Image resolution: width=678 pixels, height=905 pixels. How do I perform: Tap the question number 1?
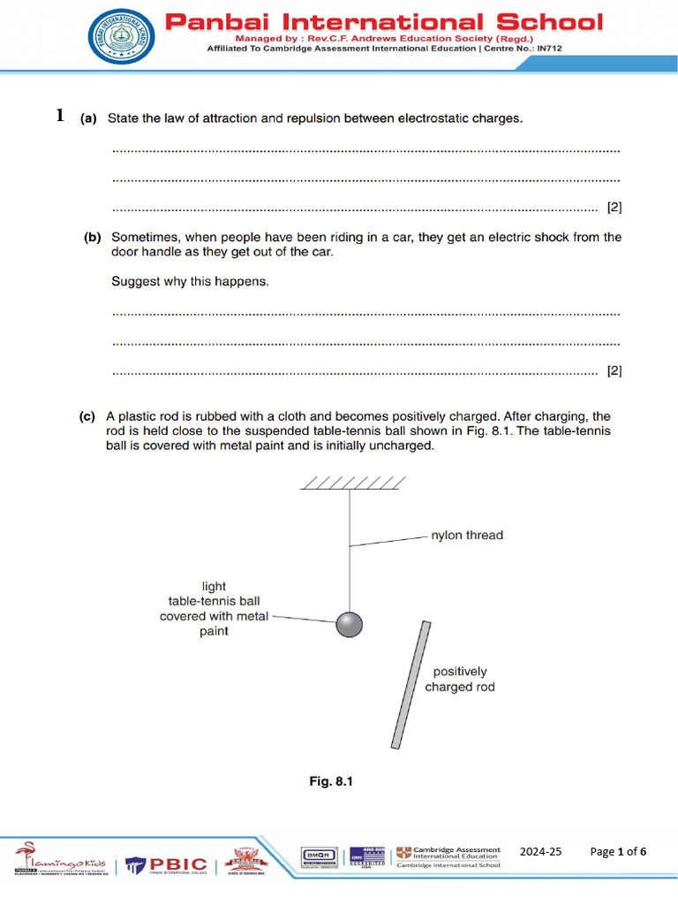pyautogui.click(x=60, y=116)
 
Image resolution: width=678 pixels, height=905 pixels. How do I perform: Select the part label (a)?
pyautogui.click(x=89, y=118)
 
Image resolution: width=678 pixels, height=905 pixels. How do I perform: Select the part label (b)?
pyautogui.click(x=93, y=238)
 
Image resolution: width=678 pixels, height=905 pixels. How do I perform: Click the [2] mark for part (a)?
pyautogui.click(x=614, y=209)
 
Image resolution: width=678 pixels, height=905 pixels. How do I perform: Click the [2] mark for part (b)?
pyautogui.click(x=614, y=371)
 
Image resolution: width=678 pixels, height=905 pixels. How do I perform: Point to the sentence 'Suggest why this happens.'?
pyautogui.click(x=190, y=282)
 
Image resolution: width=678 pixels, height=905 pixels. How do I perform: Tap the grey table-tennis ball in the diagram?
pyautogui.click(x=349, y=624)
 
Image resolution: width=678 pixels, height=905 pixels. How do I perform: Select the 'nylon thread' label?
pyautogui.click(x=466, y=536)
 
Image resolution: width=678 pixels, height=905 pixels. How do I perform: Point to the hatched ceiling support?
pyautogui.click(x=352, y=482)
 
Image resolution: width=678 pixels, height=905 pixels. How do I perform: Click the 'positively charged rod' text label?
pyautogui.click(x=460, y=680)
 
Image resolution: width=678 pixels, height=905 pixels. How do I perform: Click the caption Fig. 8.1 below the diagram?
pyautogui.click(x=330, y=781)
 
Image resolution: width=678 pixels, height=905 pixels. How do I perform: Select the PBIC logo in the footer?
pyautogui.click(x=168, y=863)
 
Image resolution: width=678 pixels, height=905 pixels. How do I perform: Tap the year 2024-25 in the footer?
pyautogui.click(x=540, y=852)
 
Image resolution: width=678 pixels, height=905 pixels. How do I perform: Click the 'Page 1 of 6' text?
pyautogui.click(x=618, y=852)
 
